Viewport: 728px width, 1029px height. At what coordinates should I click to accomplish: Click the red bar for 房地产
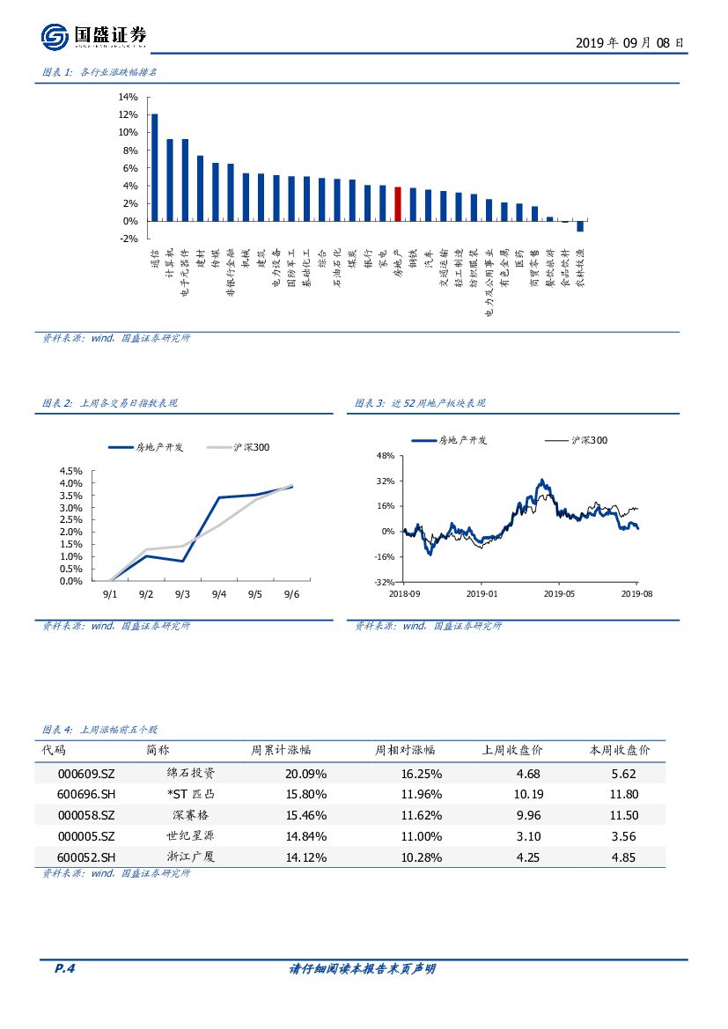click(398, 204)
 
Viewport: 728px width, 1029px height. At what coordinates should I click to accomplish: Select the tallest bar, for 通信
click(155, 167)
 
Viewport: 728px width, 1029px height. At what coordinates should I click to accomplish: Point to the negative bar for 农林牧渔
click(580, 226)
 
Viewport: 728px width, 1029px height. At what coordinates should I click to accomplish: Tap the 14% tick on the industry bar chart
click(127, 97)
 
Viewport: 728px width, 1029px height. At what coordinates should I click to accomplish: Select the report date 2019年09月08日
click(629, 42)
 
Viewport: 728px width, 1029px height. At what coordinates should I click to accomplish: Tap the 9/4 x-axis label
click(219, 595)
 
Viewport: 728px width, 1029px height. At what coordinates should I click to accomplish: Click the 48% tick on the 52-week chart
click(386, 457)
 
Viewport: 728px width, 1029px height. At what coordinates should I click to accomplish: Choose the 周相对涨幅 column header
click(405, 751)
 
